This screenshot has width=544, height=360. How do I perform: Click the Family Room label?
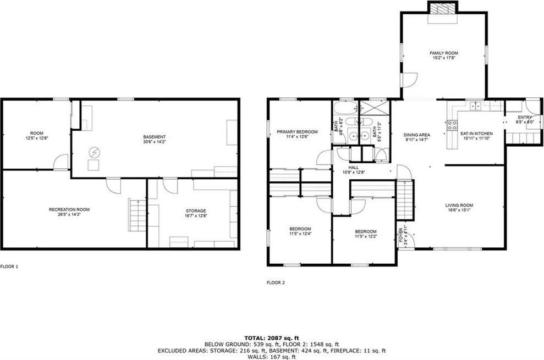443,53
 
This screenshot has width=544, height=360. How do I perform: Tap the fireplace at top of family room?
443,9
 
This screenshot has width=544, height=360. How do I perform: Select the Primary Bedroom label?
297,132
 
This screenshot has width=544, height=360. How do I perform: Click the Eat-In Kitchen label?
476,134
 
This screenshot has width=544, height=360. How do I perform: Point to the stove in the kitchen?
452,125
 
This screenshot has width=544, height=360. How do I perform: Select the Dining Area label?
416,135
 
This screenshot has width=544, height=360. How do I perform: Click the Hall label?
353,168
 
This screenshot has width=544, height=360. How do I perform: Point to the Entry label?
524,118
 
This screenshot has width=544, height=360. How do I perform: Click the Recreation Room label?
69,209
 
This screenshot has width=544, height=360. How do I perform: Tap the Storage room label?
195,211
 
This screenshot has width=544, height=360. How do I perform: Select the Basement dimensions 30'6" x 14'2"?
155,142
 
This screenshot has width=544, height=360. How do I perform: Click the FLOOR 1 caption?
9,267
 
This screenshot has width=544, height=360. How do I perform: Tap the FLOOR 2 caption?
276,283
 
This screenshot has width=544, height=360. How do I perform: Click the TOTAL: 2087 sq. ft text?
271,337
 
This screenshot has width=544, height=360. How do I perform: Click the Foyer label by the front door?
401,235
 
